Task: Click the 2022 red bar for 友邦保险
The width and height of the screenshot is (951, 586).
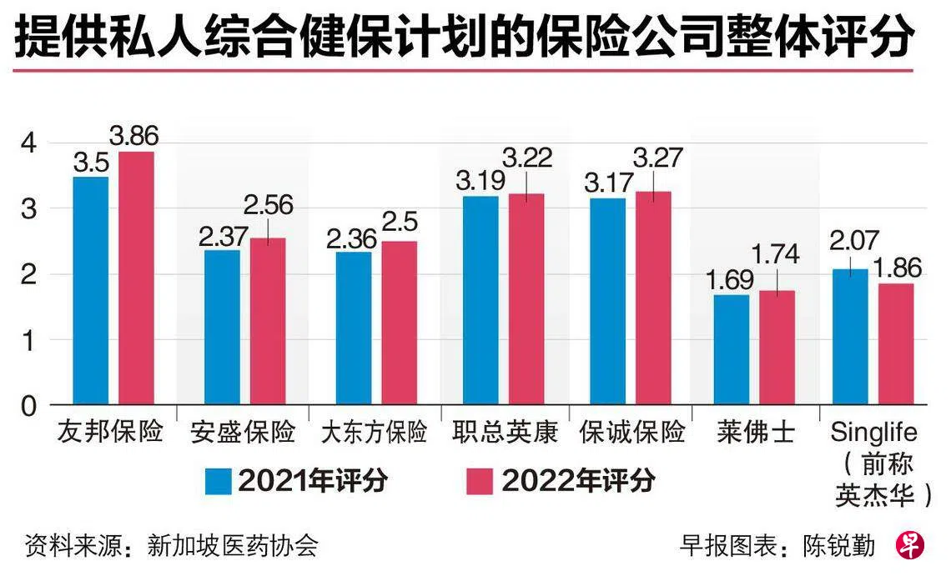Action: pos(136,278)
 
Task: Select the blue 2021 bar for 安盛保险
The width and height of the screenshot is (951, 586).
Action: pos(222,327)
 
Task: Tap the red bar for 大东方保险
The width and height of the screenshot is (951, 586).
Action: pos(400,323)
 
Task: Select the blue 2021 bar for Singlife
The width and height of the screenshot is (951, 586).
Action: pos(850,337)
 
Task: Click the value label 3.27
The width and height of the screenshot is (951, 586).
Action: pos(657,158)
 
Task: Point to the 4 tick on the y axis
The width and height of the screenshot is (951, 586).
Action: pos(31,143)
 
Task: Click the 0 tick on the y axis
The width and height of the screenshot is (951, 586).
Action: pos(31,406)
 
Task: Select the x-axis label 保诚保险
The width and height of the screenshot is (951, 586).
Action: pos(633,432)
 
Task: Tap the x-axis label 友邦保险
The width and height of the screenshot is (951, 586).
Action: pos(110,432)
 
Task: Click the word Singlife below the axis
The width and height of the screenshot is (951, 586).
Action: pos(874,432)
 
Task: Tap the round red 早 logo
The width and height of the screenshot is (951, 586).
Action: pos(910,545)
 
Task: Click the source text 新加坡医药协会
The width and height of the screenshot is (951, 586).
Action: pos(233,546)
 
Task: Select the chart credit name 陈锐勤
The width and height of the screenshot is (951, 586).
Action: pos(839,546)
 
